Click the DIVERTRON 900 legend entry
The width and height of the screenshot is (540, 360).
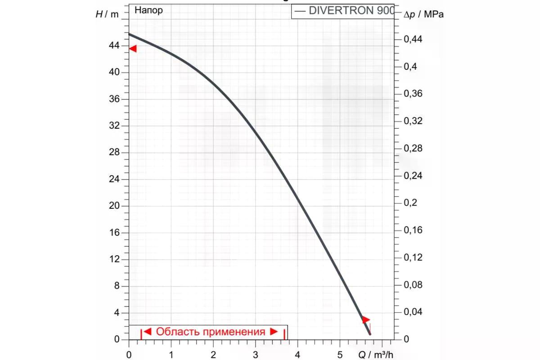344,11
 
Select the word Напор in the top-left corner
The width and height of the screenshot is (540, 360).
148,10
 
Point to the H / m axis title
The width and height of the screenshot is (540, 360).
107,14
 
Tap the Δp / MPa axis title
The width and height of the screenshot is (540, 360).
423,14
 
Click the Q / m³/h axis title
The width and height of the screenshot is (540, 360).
376,355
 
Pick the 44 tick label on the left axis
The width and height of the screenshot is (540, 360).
114,45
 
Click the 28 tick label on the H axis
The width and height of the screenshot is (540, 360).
114,152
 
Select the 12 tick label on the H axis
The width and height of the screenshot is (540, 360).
114,259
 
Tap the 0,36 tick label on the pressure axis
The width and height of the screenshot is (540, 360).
413,94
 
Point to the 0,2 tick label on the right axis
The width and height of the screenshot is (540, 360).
410,202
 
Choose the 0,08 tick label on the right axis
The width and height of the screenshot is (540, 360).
413,285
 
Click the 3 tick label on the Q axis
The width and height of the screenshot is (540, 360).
256,355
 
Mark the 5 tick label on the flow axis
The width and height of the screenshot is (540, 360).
340,355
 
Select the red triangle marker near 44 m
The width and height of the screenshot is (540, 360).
133,49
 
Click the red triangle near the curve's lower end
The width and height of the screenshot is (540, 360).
366,320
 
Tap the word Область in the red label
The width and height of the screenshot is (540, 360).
178,332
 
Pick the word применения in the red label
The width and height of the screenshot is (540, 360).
234,332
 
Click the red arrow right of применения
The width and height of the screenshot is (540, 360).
274,332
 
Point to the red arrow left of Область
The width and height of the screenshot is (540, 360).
147,332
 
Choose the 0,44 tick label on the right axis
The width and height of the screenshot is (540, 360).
413,39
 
